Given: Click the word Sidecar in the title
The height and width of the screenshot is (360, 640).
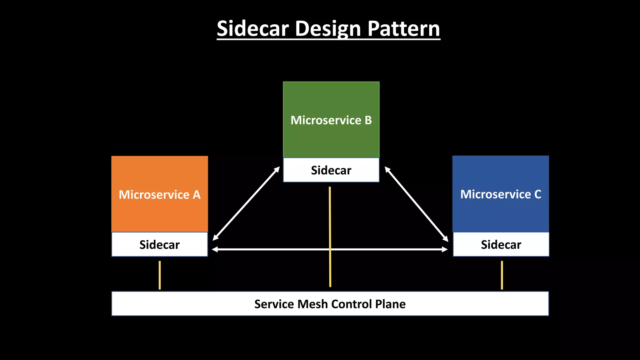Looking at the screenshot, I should tap(252, 29).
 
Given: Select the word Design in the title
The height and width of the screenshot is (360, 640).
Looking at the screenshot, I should tap(328, 29).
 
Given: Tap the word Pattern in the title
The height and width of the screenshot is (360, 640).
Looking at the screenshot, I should tap(403, 29).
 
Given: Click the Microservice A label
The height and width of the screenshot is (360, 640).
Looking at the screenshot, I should tap(159, 195).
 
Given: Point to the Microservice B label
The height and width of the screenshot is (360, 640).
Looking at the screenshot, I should tap(331, 120).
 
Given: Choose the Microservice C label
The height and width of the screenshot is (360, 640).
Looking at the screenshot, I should tap(501, 194).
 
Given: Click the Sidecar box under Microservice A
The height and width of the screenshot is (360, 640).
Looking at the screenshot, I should tap(159, 245).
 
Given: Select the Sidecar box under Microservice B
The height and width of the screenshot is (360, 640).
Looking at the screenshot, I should tap(331, 170).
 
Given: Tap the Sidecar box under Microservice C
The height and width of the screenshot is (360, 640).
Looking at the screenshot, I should tap(501, 245).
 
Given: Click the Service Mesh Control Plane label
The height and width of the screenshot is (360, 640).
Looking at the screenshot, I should tap(330, 304).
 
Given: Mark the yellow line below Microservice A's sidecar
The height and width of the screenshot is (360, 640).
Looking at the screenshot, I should tap(160, 275).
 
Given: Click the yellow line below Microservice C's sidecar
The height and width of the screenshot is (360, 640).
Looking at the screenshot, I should tap(502, 275).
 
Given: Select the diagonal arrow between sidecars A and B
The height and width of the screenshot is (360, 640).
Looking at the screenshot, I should tap(246, 203).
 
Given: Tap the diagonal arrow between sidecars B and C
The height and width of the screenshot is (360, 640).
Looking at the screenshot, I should tap(416, 204).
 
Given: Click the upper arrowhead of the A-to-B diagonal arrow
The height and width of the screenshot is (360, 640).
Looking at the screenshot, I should tap(277, 169).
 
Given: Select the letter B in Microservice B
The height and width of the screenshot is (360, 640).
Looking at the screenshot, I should tap(368, 120).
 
